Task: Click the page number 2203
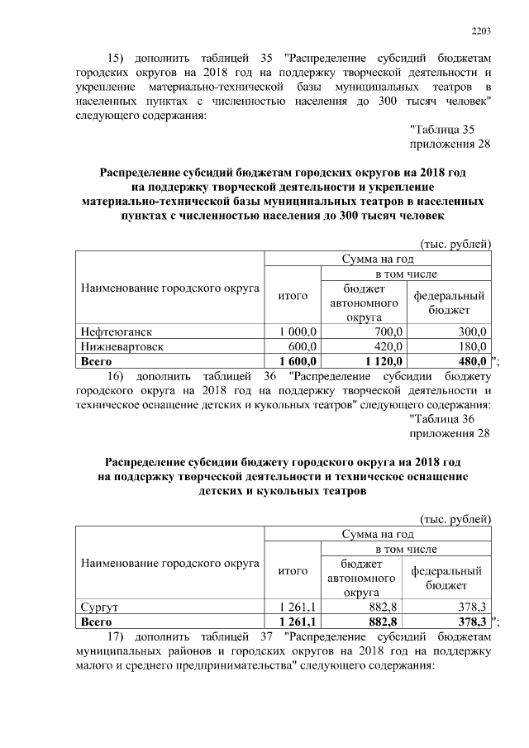[481, 31]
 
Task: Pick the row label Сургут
[95, 607]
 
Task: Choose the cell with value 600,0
[304, 346]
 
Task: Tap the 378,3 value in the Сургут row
[469, 607]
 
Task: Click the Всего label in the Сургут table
[93, 622]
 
